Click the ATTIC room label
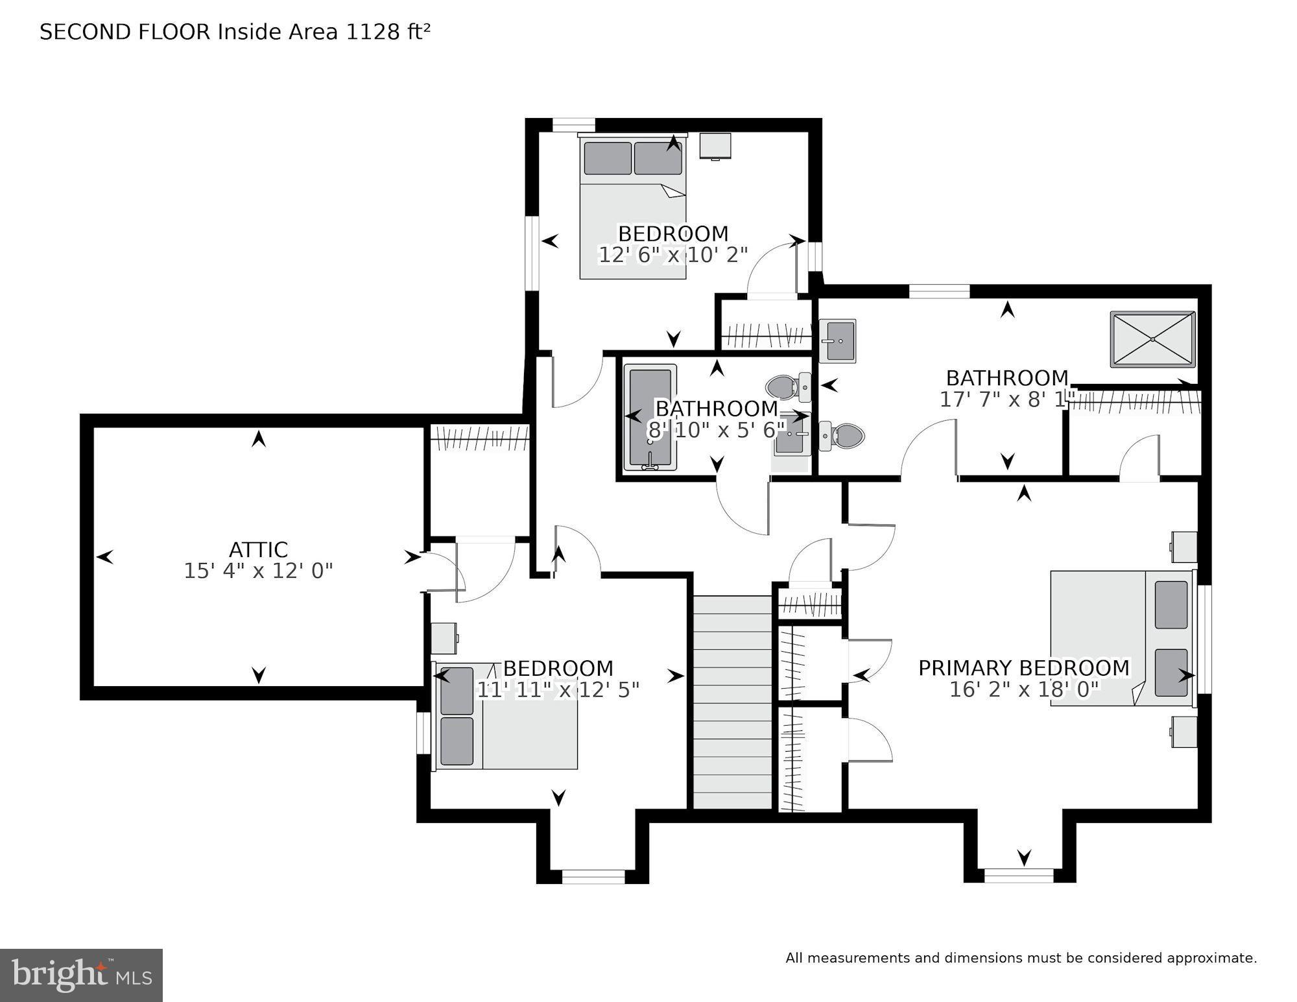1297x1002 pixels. coord(258,549)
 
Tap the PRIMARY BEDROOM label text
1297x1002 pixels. coord(1023,667)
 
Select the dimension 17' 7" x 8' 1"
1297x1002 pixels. coord(1006,399)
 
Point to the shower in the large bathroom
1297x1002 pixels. coord(1152,339)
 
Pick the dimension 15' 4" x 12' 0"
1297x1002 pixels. coord(258,571)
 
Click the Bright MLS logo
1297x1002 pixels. coord(81,975)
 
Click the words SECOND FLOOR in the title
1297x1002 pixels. coord(125,32)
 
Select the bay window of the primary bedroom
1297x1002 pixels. coord(1019,875)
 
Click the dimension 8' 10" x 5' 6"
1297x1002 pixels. coord(716,429)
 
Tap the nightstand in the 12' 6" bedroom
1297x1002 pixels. coord(715,147)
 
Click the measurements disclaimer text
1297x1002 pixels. coord(1021,958)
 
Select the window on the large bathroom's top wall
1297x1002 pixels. coord(939,291)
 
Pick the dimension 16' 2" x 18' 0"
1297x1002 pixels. coord(1023,689)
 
